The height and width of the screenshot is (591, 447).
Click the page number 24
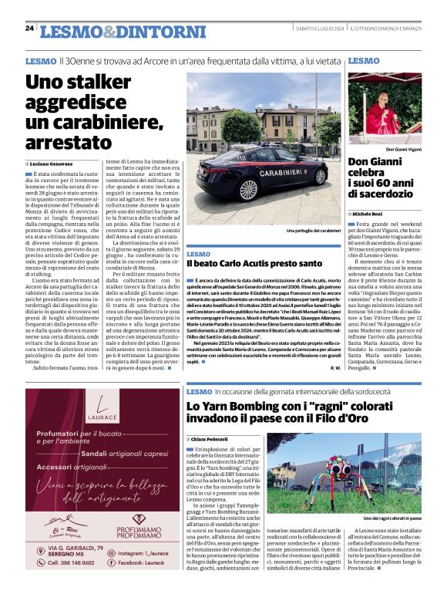tap(29, 29)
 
